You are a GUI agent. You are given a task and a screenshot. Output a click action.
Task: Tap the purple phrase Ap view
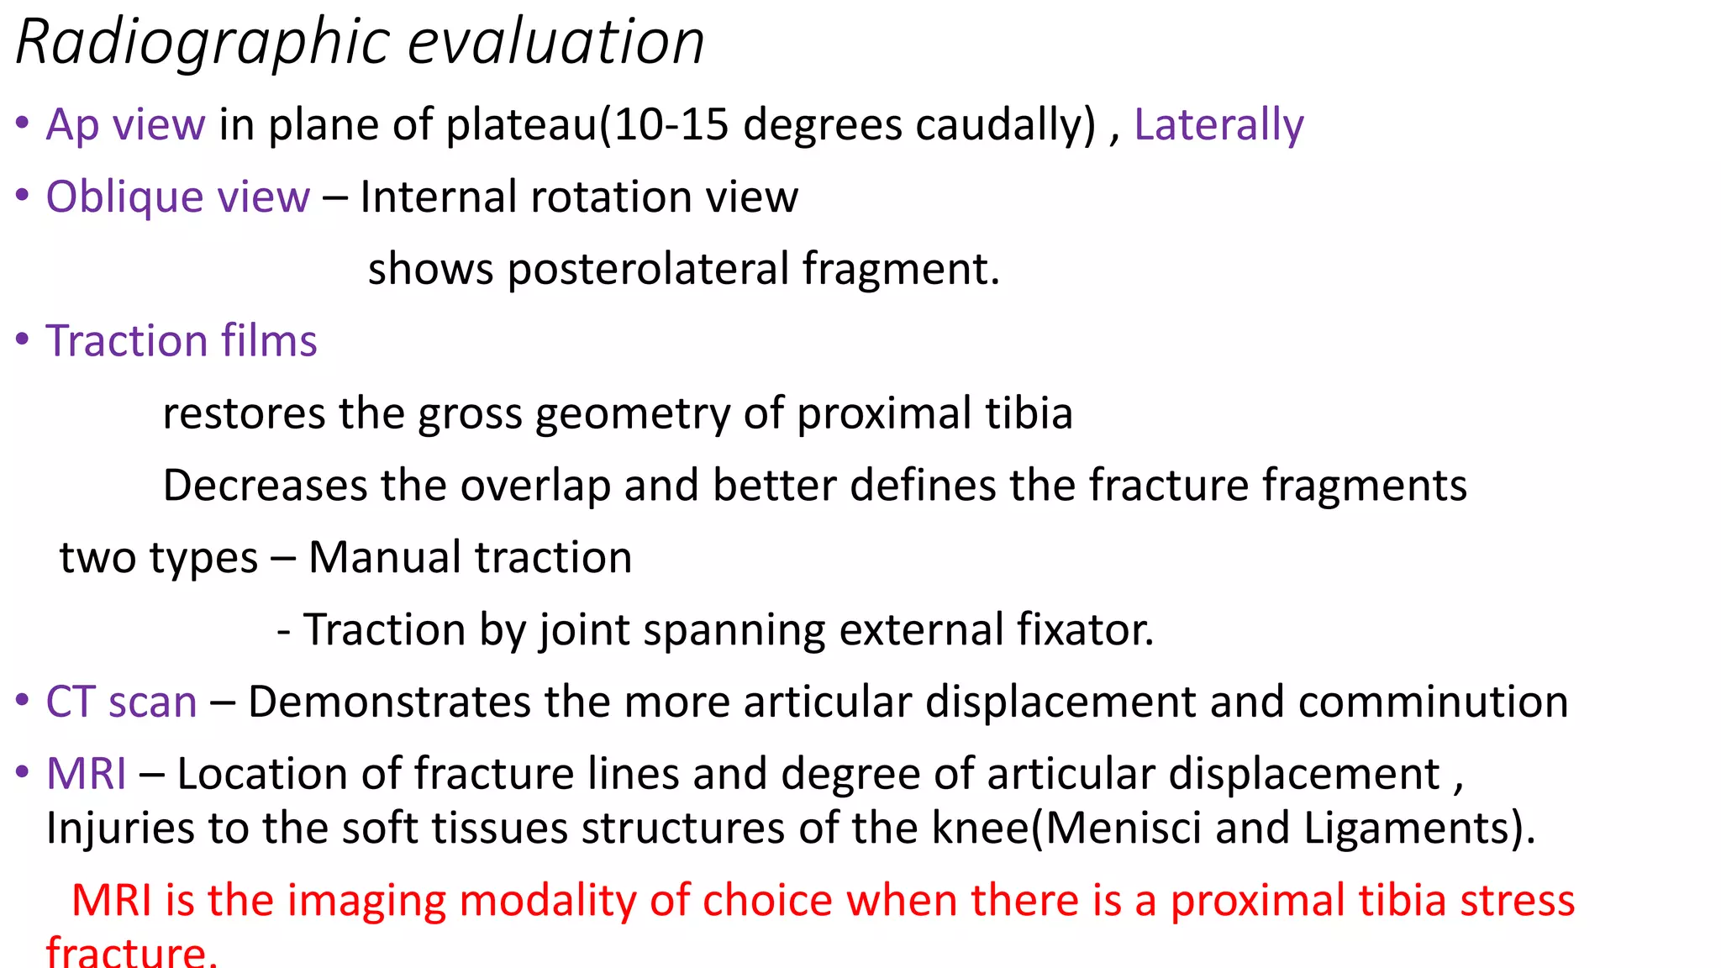tap(125, 124)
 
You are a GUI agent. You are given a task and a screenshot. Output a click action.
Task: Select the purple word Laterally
tap(1218, 124)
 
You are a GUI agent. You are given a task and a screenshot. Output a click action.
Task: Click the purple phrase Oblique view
tap(177, 197)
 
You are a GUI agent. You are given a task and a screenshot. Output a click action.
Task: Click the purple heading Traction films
tap(182, 341)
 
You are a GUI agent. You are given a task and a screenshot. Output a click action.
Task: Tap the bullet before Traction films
tap(23, 339)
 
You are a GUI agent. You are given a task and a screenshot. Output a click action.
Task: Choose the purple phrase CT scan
tap(122, 702)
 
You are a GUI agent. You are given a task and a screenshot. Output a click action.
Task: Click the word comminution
tap(1433, 702)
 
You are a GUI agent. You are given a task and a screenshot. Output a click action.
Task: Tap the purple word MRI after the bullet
tap(87, 774)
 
